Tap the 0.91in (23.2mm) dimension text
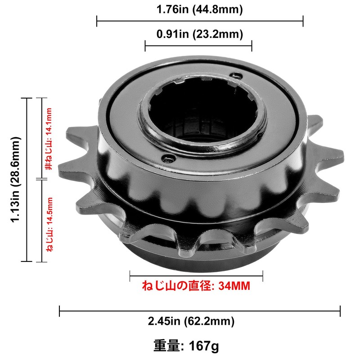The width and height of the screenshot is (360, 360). pyautogui.click(x=199, y=34)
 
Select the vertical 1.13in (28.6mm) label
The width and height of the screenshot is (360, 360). pyautogui.click(x=16, y=180)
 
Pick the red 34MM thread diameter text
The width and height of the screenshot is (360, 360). pyautogui.click(x=196, y=286)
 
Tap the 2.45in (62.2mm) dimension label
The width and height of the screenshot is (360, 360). pyautogui.click(x=191, y=321)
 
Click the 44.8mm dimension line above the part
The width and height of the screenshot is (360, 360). pyautogui.click(x=199, y=21)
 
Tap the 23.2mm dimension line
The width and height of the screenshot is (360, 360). pyautogui.click(x=198, y=45)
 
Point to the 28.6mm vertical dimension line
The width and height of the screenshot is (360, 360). pyautogui.click(x=28, y=180)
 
